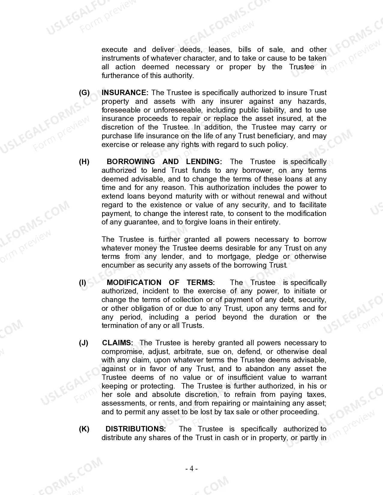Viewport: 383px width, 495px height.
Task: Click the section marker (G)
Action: (84, 93)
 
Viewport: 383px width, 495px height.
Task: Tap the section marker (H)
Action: (84, 162)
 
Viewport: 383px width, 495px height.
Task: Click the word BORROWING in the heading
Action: (131, 162)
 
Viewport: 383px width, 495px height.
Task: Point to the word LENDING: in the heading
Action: (204, 162)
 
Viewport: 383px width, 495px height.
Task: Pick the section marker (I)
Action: (83, 283)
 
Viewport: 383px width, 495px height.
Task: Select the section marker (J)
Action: (84, 343)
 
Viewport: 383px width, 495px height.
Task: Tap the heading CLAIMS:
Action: (117, 343)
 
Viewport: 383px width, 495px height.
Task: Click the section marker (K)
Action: (84, 429)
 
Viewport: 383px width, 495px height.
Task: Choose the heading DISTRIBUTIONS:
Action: (135, 429)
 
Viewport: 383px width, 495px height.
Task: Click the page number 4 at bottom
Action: (191, 469)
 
